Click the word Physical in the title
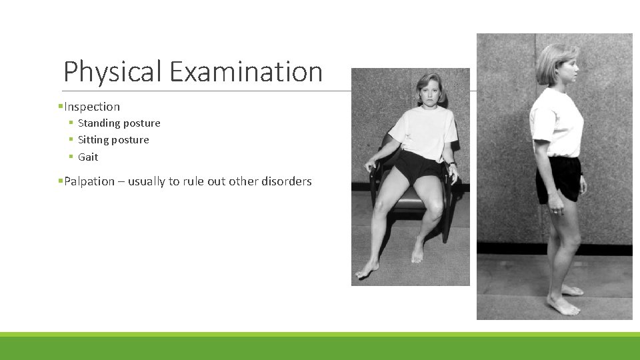click(x=112, y=72)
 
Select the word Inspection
click(x=92, y=107)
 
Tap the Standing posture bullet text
click(x=119, y=123)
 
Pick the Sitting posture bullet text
click(x=113, y=140)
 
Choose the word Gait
click(x=88, y=157)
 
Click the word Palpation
click(x=89, y=181)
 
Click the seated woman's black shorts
click(x=417, y=167)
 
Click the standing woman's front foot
click(x=562, y=306)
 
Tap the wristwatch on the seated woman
click(x=452, y=163)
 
